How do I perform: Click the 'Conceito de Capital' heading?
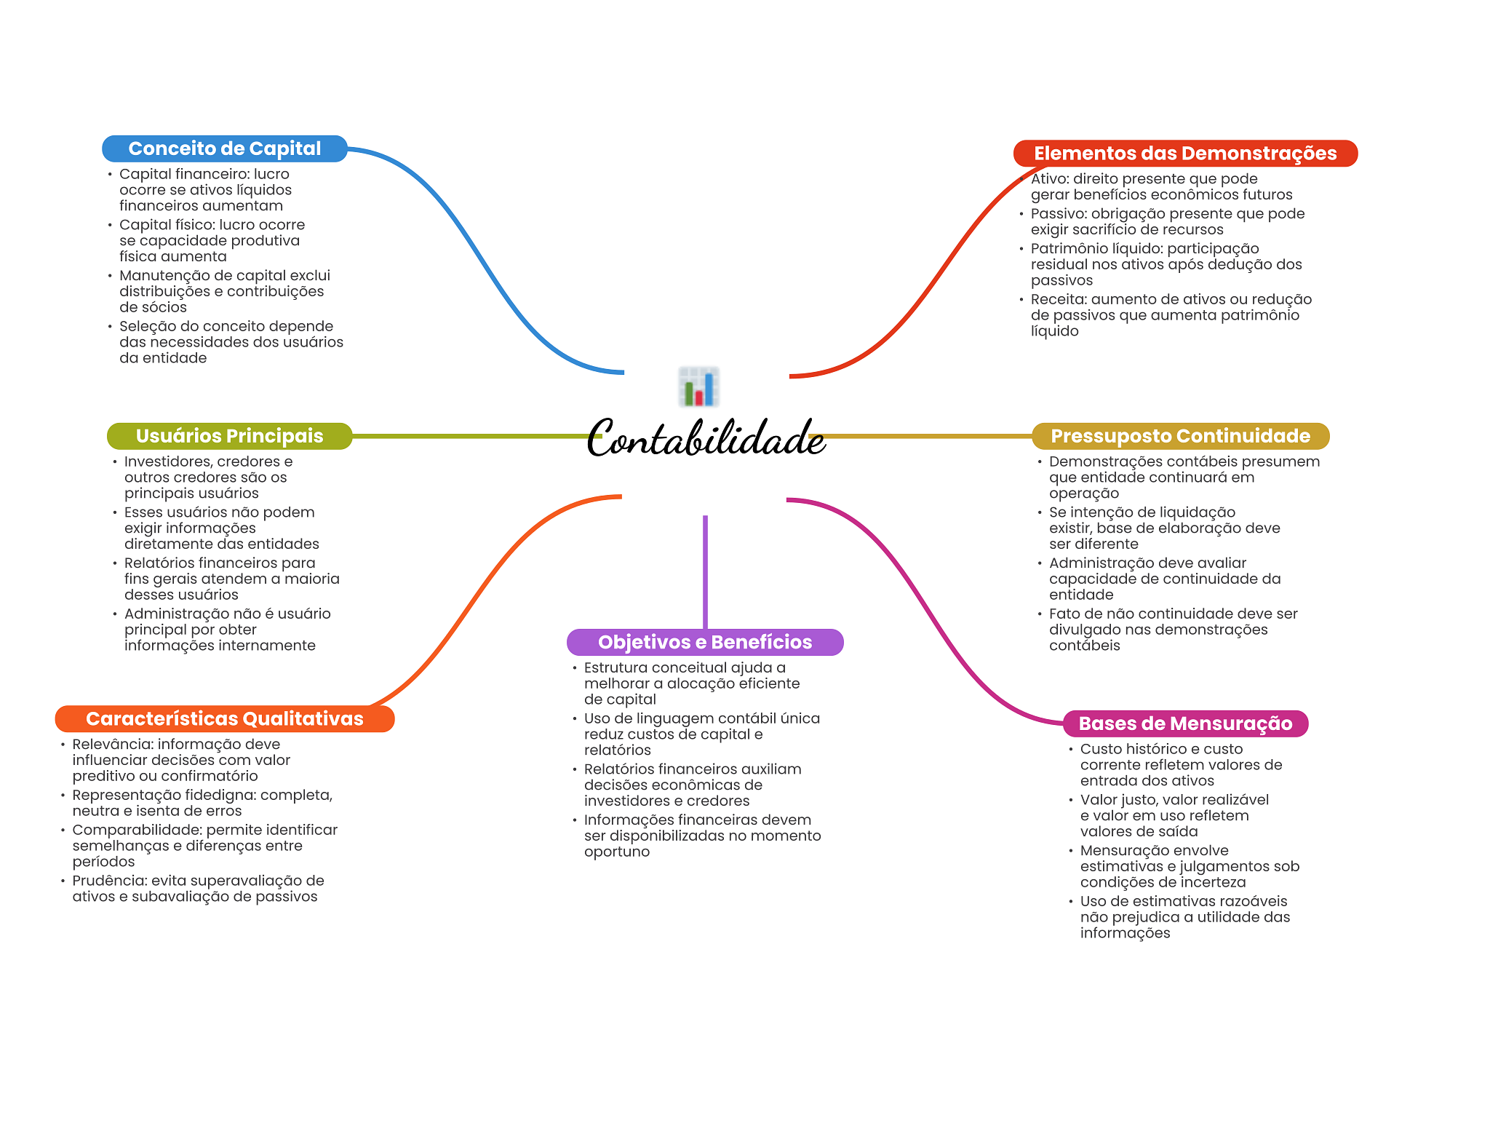(x=225, y=148)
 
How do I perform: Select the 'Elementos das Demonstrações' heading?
(x=1185, y=154)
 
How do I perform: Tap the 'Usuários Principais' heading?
(x=229, y=436)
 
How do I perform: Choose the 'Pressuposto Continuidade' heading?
(x=1180, y=436)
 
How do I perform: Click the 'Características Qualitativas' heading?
(x=225, y=719)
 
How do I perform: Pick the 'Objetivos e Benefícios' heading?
(x=705, y=642)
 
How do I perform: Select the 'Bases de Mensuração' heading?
(x=1185, y=723)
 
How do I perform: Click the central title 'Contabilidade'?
(x=706, y=438)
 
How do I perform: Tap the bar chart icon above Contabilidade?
(x=699, y=386)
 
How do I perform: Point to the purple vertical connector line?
(x=705, y=572)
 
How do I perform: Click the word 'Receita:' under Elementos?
(x=1059, y=299)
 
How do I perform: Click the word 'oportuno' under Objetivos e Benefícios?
(x=617, y=852)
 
